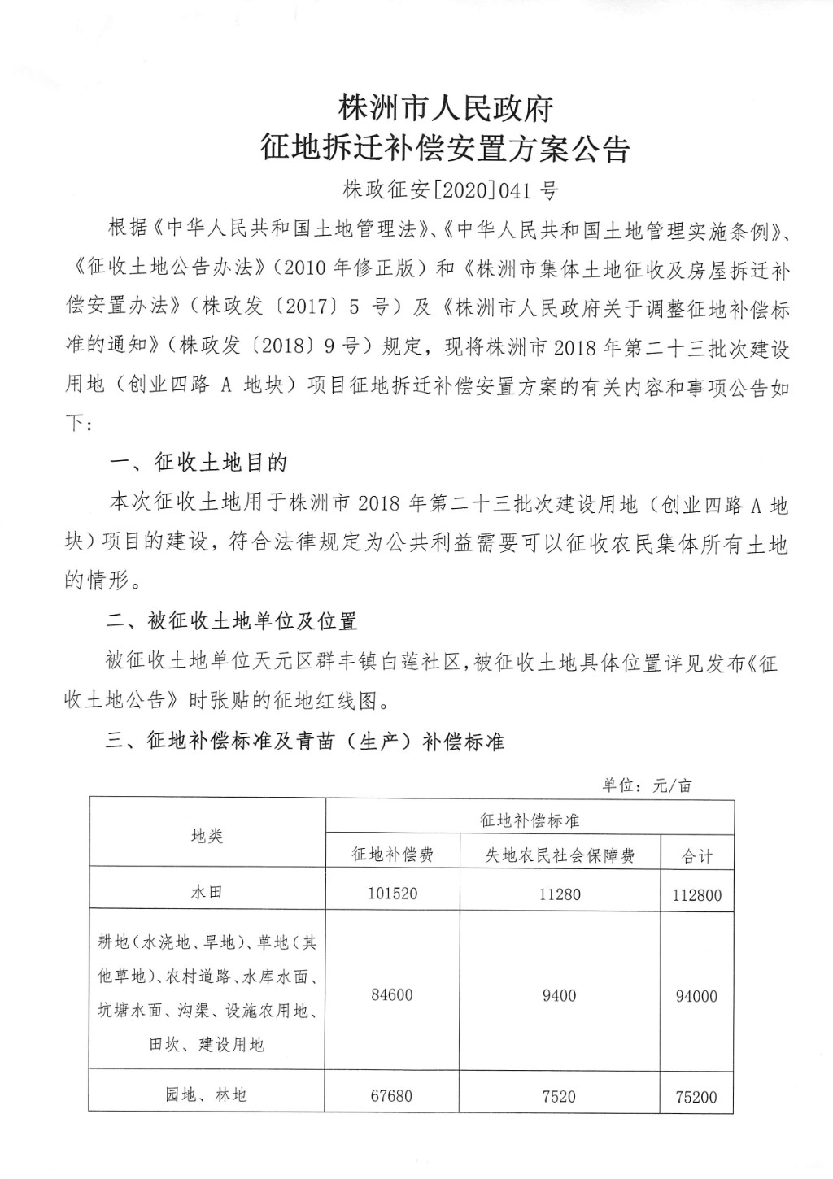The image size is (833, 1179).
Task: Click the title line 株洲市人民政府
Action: tap(446, 107)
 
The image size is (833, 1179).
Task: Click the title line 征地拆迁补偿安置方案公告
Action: tap(446, 150)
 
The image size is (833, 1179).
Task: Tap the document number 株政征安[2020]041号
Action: tap(450, 191)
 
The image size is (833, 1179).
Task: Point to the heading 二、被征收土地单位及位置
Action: tap(233, 622)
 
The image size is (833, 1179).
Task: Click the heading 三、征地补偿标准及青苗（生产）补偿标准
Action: tap(306, 742)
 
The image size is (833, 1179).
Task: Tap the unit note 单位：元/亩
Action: tap(647, 785)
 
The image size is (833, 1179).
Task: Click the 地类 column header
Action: tap(207, 835)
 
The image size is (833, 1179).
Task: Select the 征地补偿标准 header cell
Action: tap(530, 820)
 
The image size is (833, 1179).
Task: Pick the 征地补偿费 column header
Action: tap(392, 855)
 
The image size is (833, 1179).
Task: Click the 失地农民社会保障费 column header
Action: tap(560, 855)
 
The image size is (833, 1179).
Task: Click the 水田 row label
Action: tap(207, 892)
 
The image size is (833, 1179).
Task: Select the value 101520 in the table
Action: tap(392, 894)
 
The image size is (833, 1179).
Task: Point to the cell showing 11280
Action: tap(560, 894)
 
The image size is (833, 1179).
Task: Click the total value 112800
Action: tap(697, 895)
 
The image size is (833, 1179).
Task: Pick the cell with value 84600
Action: tap(392, 994)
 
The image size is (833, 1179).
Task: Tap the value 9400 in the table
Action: tap(560, 994)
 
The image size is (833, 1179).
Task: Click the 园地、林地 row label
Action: tap(207, 1095)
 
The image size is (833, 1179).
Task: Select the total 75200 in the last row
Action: tap(697, 1097)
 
